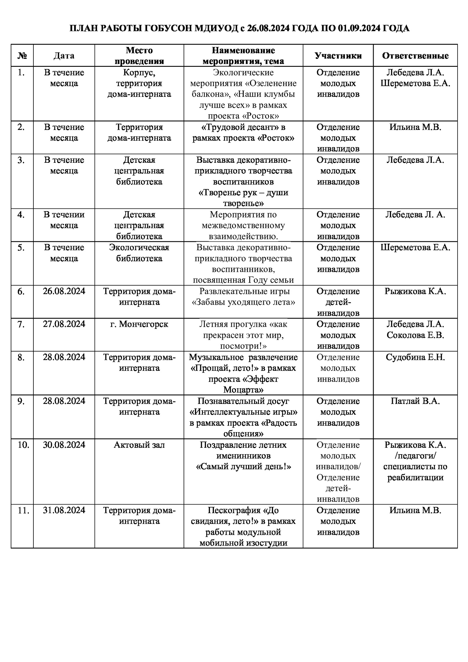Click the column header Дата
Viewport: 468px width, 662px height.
(64, 55)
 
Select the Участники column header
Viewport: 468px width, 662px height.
(338, 55)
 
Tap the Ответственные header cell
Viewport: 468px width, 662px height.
(415, 55)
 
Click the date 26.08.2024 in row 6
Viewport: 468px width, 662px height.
(64, 291)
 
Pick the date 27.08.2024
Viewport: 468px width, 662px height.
(64, 324)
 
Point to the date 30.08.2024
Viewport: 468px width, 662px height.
(64, 445)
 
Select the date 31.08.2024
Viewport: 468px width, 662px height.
(64, 510)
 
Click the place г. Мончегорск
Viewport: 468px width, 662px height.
(139, 324)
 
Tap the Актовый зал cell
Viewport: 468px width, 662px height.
(139, 445)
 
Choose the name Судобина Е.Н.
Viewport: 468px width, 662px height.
(415, 357)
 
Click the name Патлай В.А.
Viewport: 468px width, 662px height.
(415, 401)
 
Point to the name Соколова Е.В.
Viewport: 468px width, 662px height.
(415, 335)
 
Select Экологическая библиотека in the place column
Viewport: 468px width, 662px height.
(139, 253)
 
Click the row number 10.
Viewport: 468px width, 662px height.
(23, 445)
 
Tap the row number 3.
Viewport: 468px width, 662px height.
(21, 160)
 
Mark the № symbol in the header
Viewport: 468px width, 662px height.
(22, 56)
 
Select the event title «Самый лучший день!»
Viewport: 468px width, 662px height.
(243, 466)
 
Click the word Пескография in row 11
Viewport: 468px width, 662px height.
(234, 510)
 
